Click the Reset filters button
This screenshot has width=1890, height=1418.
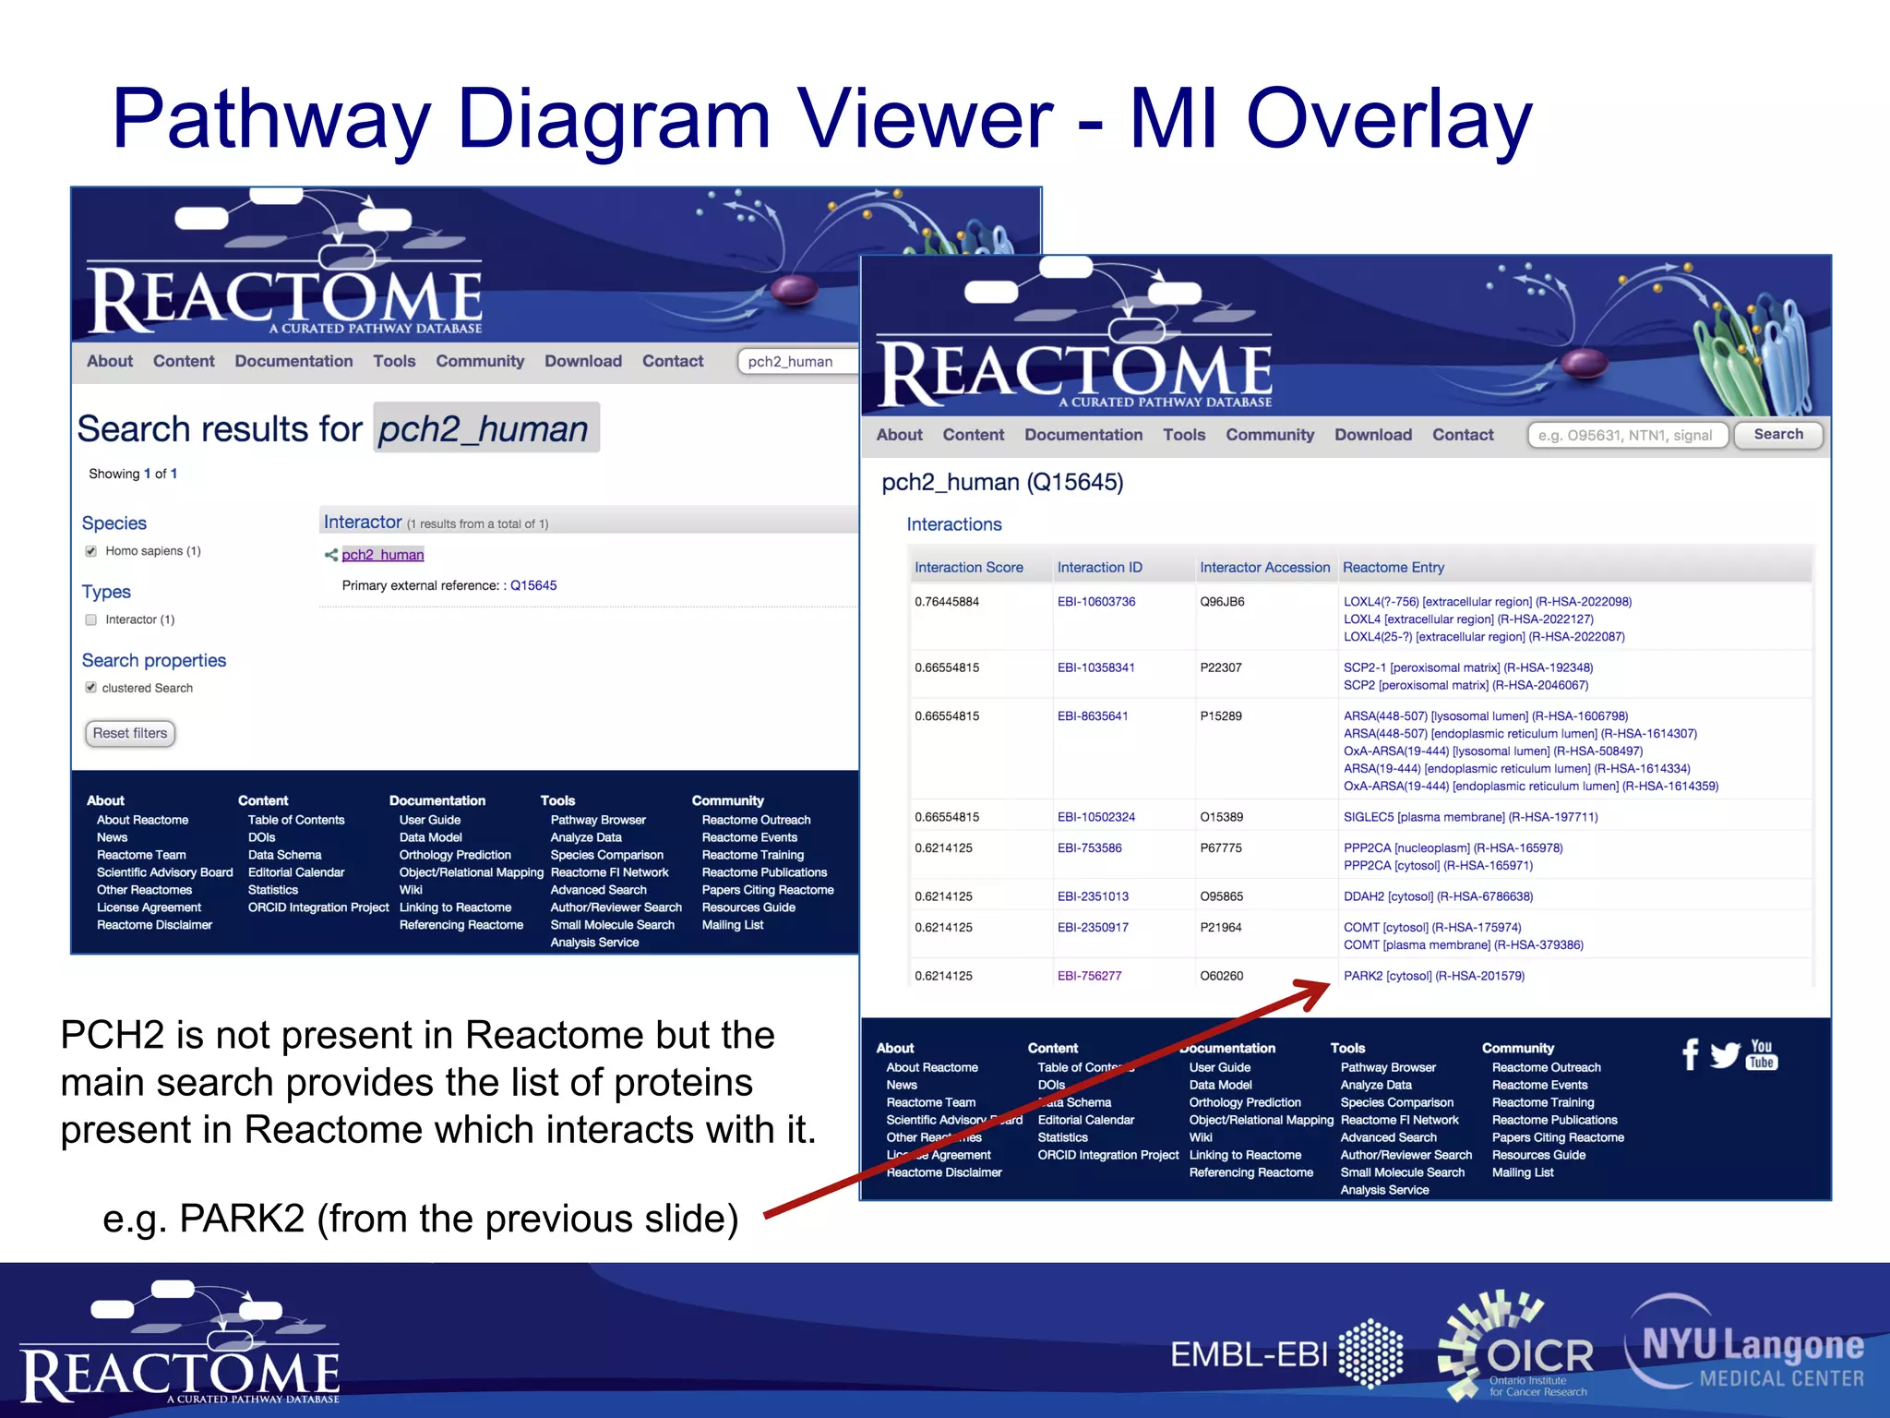tap(130, 733)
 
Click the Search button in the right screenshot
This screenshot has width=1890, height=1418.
tap(1777, 435)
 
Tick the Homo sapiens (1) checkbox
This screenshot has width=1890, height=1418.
tap(91, 551)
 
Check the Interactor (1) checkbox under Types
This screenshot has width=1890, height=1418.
tap(91, 619)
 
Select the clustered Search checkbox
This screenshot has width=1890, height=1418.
tap(91, 688)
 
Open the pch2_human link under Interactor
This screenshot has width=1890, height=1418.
tap(382, 555)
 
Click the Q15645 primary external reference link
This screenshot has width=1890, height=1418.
tap(533, 585)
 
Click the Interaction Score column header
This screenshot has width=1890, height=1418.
tap(968, 568)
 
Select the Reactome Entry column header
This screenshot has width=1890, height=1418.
tap(1393, 568)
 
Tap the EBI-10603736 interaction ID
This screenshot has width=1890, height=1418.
tap(1095, 602)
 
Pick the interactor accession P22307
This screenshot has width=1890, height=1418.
tap(1220, 667)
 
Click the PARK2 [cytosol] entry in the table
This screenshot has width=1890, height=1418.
tap(1433, 976)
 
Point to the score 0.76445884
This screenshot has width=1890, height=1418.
tap(946, 602)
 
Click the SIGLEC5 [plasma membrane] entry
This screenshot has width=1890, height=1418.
tap(1470, 817)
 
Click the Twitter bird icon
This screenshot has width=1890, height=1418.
tap(1724, 1054)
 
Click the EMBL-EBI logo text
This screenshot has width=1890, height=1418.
tap(1248, 1355)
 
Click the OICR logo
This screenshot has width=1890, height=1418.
tap(1518, 1346)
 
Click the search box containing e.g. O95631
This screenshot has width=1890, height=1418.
tap(1627, 436)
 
